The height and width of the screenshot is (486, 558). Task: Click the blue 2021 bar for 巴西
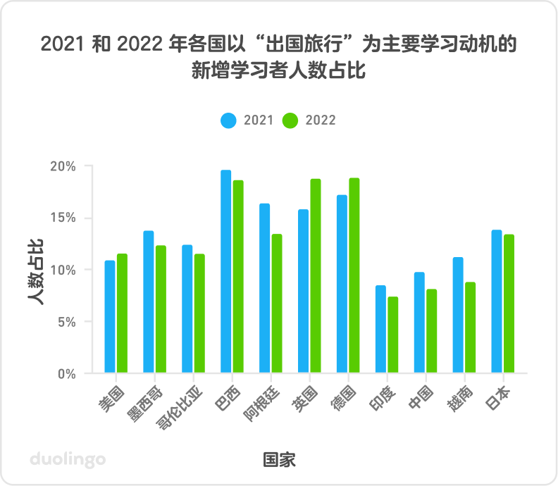[x=225, y=272]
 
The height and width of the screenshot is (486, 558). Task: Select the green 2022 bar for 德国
[x=354, y=275]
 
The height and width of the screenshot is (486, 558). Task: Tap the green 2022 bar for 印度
[x=392, y=335]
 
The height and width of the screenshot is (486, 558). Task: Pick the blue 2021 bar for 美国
[x=110, y=317]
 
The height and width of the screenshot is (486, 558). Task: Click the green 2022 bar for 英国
[x=315, y=275]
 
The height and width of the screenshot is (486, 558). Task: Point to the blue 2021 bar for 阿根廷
[x=264, y=288]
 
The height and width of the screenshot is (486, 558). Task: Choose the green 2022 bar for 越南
[x=470, y=328]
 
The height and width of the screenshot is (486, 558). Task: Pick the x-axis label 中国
[x=420, y=397]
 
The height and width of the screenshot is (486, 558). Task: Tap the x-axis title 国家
[x=279, y=460]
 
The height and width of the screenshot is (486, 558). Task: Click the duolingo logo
[x=68, y=459]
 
